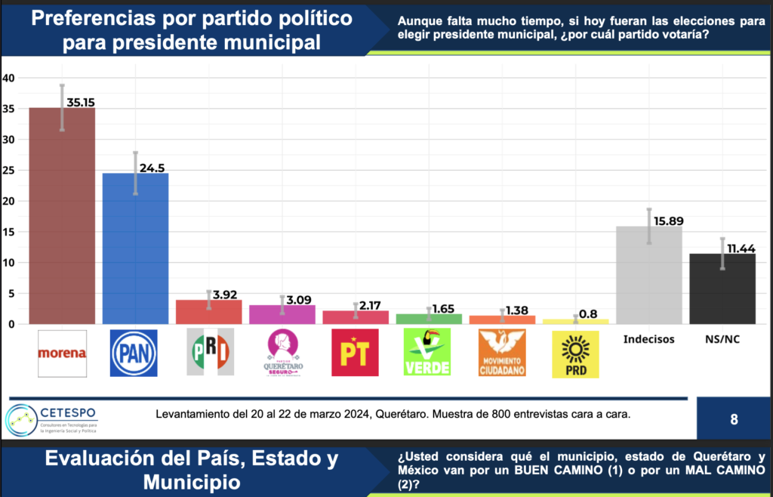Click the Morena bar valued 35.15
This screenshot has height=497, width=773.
[62, 215]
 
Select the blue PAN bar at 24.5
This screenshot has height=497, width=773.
[135, 248]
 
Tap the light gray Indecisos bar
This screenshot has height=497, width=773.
[648, 275]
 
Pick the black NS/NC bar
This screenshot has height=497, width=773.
[722, 289]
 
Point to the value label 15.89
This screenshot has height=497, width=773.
[667, 221]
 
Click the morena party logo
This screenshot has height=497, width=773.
[62, 353]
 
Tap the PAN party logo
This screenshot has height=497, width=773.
[134, 353]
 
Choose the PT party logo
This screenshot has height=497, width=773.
[355, 353]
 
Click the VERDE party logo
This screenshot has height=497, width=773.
[428, 353]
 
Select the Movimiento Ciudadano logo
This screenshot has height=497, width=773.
[502, 353]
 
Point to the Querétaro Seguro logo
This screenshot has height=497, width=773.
[282, 353]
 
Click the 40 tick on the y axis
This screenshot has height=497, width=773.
[8, 78]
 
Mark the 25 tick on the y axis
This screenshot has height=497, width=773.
[8, 171]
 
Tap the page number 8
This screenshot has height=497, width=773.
[734, 419]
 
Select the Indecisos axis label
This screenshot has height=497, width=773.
[648, 339]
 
